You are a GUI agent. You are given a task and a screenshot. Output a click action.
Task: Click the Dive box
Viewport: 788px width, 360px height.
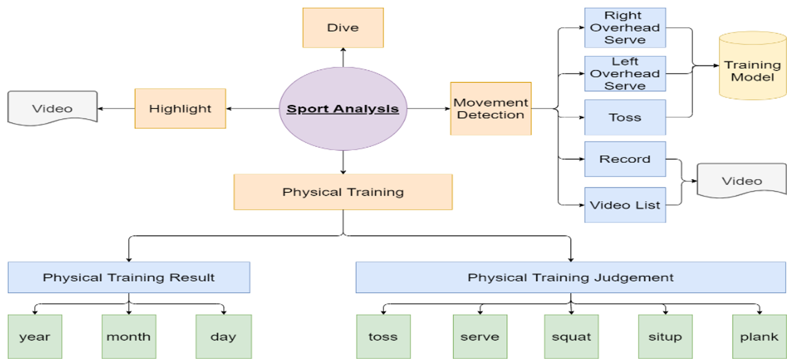point(343,28)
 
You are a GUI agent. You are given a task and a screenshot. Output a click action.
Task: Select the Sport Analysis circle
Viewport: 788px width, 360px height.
point(343,109)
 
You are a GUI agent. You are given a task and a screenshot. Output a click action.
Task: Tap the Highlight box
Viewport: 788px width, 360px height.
point(180,109)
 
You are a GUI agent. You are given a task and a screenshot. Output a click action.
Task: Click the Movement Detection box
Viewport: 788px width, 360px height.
point(490,109)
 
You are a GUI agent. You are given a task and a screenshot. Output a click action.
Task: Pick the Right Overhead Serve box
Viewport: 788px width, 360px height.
point(625,28)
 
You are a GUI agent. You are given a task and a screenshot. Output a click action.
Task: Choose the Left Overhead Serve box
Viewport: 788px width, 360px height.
point(625,73)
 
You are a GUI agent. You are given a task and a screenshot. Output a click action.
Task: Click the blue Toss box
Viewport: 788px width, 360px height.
point(625,117)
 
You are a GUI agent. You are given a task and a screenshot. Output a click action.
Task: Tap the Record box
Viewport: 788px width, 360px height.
point(625,159)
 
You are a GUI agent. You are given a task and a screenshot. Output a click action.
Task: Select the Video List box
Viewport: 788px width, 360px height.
point(625,205)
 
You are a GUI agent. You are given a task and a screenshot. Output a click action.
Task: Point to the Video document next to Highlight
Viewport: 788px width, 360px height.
point(52,108)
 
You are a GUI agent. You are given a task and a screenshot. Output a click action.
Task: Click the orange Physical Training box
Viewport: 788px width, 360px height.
point(343,192)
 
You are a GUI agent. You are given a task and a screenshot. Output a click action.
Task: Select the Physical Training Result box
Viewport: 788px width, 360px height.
point(129,277)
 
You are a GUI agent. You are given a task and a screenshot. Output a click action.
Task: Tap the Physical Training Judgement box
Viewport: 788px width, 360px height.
point(570,277)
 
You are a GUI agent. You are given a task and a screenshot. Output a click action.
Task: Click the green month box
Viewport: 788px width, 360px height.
point(129,337)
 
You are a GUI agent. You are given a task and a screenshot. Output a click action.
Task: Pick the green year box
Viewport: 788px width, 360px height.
point(35,337)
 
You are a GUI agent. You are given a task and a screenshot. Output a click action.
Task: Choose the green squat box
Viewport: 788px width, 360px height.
point(571,337)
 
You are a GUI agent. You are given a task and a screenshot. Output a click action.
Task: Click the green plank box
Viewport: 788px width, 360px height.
point(759,337)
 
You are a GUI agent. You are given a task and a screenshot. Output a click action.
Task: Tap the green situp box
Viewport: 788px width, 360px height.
point(665,337)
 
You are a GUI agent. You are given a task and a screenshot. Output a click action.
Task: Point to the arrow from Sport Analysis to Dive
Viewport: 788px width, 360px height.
point(343,58)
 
